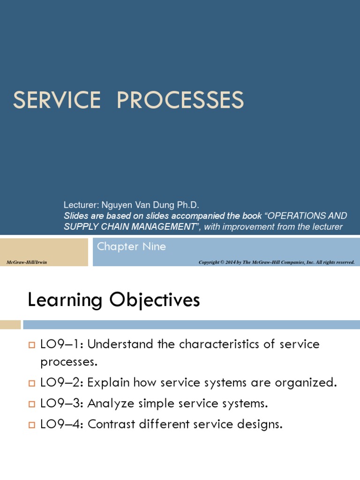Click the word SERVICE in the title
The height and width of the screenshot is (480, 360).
point(56,100)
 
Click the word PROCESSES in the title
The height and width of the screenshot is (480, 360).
point(180,100)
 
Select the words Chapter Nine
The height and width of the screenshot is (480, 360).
point(131,247)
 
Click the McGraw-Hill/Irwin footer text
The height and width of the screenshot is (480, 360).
point(27,262)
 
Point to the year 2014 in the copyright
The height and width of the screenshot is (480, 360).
point(230,262)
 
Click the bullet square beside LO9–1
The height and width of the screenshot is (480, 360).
point(32,345)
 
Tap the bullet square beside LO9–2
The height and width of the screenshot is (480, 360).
point(32,384)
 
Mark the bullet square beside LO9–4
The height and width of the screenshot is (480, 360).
point(32,426)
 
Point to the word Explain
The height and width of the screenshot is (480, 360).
point(111,383)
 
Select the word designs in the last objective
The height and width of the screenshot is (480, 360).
point(258,425)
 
